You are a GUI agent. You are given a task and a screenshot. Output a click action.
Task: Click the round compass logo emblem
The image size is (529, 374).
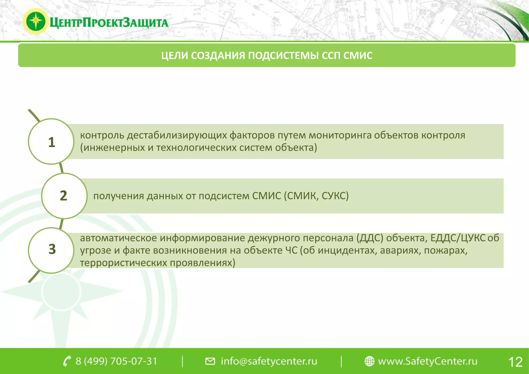36,21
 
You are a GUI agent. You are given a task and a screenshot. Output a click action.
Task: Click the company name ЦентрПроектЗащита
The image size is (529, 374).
109,23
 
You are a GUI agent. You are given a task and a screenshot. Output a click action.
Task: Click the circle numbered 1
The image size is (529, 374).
51,142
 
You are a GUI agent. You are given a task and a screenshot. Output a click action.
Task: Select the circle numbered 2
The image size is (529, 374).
64,196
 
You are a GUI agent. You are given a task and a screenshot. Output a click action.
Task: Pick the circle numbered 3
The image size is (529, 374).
51,250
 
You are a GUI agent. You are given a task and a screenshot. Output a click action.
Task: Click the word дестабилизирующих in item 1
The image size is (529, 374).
177,135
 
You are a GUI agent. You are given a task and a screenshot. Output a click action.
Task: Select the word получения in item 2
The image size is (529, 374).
119,196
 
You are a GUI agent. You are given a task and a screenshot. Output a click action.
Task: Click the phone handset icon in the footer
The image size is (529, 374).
67,361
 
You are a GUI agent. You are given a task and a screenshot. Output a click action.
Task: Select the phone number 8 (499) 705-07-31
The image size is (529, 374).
116,361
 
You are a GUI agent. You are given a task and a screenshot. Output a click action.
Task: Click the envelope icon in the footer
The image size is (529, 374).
210,361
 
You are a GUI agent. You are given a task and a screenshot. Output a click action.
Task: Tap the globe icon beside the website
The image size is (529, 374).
369,361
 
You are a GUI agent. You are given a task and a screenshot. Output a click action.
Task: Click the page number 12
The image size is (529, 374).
515,362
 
